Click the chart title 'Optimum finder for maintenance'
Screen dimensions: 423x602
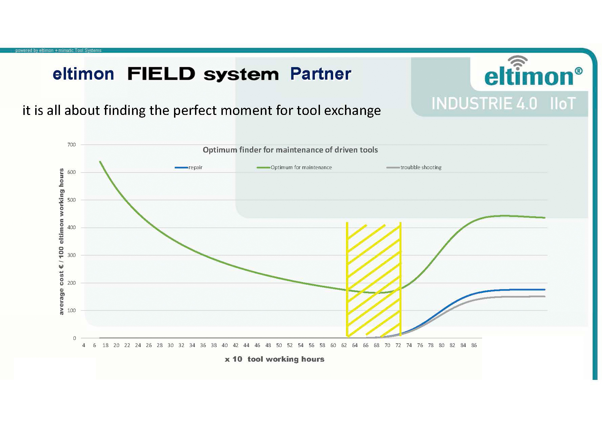coord(290,150)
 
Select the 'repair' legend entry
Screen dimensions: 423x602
coord(195,167)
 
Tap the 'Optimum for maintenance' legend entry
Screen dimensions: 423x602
coord(301,167)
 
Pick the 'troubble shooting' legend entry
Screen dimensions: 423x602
coord(421,167)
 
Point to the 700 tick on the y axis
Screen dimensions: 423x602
coord(71,145)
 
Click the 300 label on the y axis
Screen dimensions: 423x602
coord(71,255)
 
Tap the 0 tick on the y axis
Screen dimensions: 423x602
coord(74,338)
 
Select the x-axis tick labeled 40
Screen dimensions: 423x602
coord(224,345)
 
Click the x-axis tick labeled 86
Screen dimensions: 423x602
coord(474,345)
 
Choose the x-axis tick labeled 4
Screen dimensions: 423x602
coord(84,345)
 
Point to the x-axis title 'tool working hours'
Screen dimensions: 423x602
coord(286,359)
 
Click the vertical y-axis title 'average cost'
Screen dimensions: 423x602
coord(61,241)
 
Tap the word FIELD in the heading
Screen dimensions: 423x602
coord(161,74)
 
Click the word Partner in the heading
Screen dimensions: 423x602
coord(320,74)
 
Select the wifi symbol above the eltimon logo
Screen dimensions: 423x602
coord(517,63)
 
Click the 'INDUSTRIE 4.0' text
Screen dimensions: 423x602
coord(484,103)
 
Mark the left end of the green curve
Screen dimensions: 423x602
coord(100,162)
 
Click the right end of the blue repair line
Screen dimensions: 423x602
coord(544,289)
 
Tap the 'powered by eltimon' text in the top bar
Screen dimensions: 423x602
coord(58,51)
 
